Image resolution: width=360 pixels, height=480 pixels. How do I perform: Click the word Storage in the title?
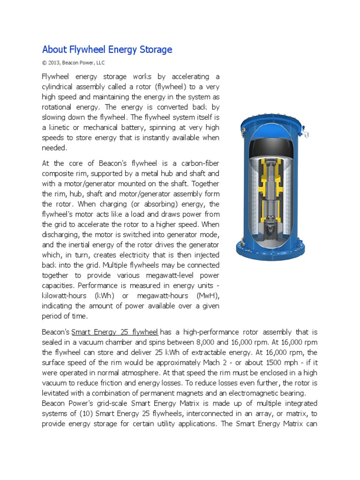(153, 49)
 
